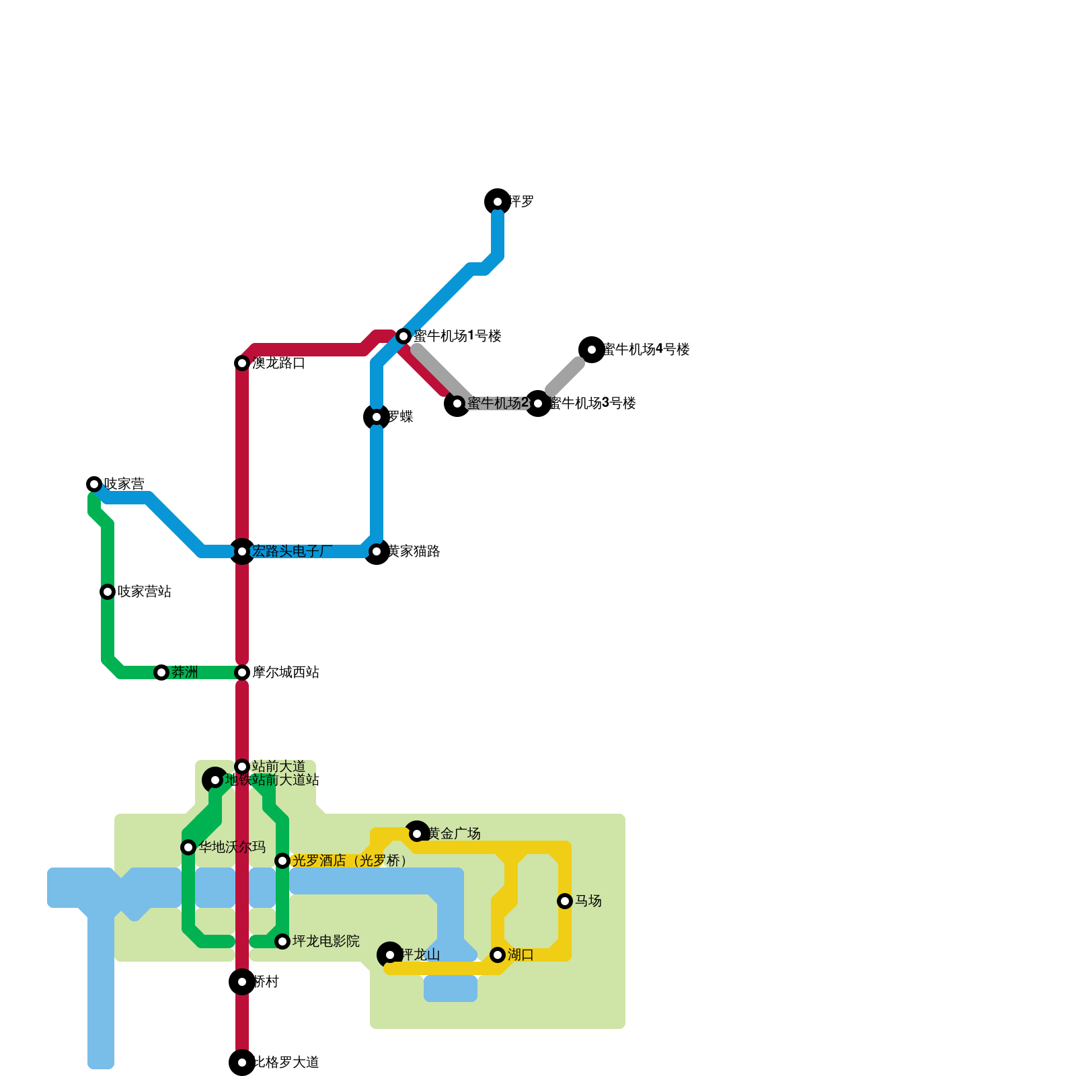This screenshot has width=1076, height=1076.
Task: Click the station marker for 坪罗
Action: pyautogui.click(x=498, y=202)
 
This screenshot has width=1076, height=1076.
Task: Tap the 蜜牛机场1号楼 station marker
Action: pyautogui.click(x=403, y=336)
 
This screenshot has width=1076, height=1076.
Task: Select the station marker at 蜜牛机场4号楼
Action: pyautogui.click(x=592, y=350)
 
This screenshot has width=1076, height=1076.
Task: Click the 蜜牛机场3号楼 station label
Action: pyautogui.click(x=592, y=403)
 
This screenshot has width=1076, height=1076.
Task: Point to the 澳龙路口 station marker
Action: pyautogui.click(x=242, y=363)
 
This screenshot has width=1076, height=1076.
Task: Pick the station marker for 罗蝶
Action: pyautogui.click(x=377, y=417)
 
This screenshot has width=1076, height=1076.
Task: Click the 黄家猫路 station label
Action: pyautogui.click(x=414, y=551)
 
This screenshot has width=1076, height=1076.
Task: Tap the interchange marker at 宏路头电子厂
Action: pyautogui.click(x=242, y=551)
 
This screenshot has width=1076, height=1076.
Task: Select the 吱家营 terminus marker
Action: pyautogui.click(x=94, y=484)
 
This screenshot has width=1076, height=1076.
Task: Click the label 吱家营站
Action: pyautogui.click(x=144, y=592)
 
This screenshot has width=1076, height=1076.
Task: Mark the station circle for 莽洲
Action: pyautogui.click(x=161, y=672)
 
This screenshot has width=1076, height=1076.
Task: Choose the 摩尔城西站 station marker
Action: pyautogui.click(x=242, y=672)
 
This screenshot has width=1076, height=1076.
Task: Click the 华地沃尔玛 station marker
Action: pyautogui.click(x=188, y=847)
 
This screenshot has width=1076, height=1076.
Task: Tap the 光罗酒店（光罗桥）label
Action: pyautogui.click(x=350, y=861)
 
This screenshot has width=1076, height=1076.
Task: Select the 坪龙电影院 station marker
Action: pyautogui.click(x=282, y=941)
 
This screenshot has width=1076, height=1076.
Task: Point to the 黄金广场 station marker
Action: pyautogui.click(x=417, y=834)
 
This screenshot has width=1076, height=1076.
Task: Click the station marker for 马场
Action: pyautogui.click(x=565, y=901)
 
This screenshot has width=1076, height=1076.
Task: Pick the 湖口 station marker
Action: pyautogui.click(x=498, y=955)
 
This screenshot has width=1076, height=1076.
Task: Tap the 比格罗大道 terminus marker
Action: pyautogui.click(x=242, y=1063)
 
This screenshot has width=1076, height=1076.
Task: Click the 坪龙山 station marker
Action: pyautogui.click(x=390, y=955)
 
